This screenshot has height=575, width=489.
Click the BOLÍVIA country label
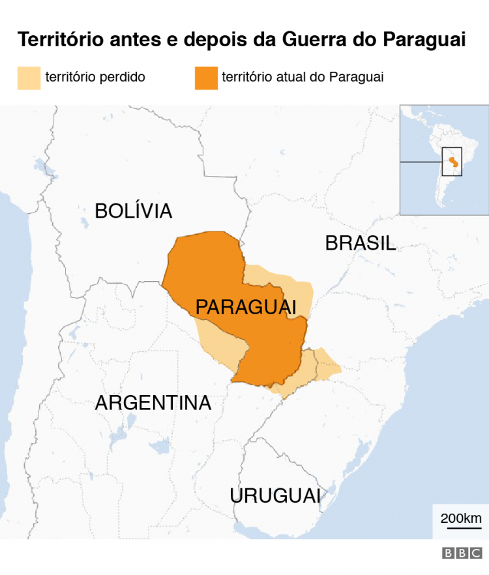click(x=133, y=211)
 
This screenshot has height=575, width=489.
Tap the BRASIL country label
click(x=360, y=243)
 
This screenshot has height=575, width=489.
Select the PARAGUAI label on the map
click(x=246, y=306)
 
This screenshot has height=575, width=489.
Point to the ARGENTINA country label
click(x=153, y=403)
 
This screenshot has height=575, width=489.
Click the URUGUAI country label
click(x=274, y=495)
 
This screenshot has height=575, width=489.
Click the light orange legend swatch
click(x=29, y=78)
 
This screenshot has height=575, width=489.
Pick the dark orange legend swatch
click(x=205, y=78)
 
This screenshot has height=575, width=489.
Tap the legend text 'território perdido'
click(x=95, y=77)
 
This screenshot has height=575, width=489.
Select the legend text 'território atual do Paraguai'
click(x=303, y=77)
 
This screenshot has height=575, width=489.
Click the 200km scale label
click(x=461, y=518)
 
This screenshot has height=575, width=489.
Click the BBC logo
click(x=462, y=553)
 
